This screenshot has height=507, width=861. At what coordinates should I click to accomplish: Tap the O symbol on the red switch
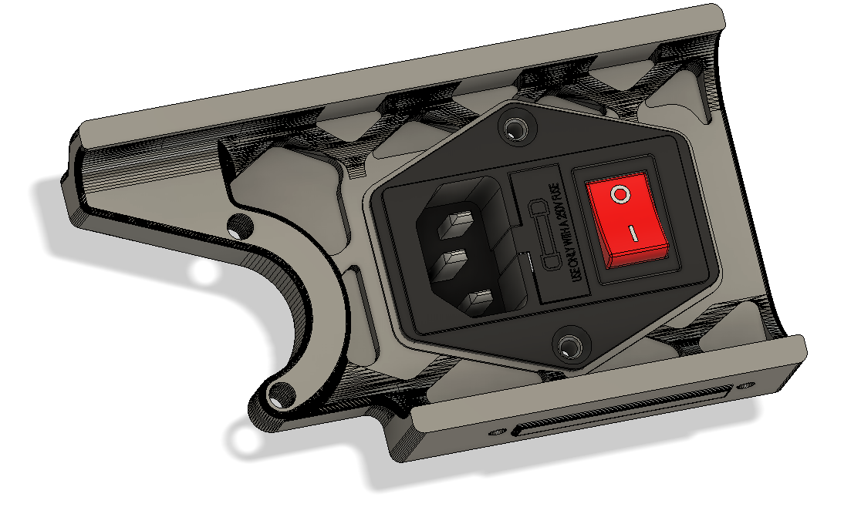click(620, 194)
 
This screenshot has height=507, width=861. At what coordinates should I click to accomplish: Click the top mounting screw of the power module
click(513, 127)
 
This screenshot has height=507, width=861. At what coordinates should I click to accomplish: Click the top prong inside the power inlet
click(456, 226)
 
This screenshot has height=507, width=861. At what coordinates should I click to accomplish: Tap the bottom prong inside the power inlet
click(478, 301)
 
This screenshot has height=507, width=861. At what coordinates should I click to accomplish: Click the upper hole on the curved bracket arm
click(239, 227)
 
